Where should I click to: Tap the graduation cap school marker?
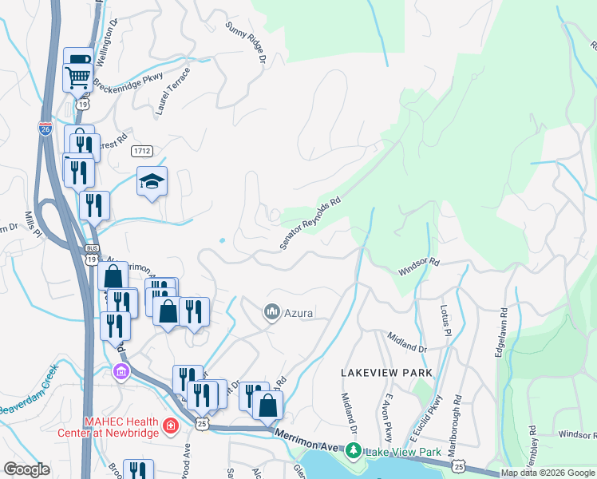click(x=152, y=182)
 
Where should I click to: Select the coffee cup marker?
click(x=80, y=59)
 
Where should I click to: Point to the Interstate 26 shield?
click(x=45, y=129)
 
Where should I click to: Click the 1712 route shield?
click(x=143, y=151)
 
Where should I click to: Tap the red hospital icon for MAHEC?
click(x=169, y=427)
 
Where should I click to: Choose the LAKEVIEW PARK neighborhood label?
click(x=386, y=373)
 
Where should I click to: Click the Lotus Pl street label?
click(x=445, y=319)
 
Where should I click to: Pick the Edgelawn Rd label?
click(x=500, y=332)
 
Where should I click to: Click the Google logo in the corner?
click(x=26, y=469)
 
